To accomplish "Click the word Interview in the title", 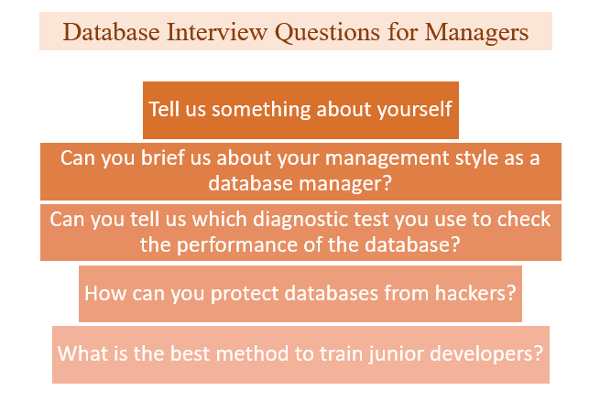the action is pos(216,32).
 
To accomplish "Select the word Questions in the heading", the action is pos(327,33).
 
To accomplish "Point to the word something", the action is pos(262,110).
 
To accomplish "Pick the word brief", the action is pos(163,157).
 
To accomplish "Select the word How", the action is pos(105,294).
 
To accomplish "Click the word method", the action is pos(252,353).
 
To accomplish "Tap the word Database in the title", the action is pos(111,32).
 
